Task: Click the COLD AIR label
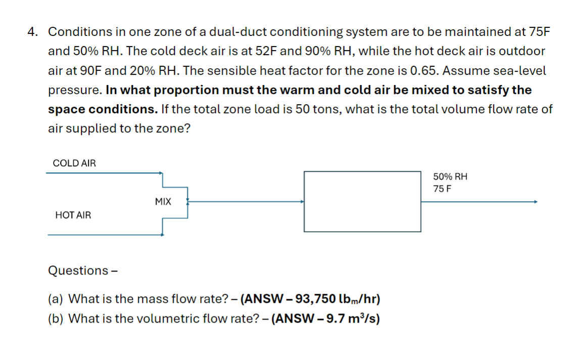tap(74, 163)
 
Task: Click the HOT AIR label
tap(73, 215)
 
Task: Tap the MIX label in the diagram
tap(163, 202)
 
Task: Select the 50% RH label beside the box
tap(450, 177)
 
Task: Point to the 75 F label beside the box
tap(442, 189)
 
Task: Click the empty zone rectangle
tap(362, 201)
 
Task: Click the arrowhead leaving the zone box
tap(535, 201)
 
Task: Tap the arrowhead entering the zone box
tap(302, 201)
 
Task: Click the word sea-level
tap(522, 71)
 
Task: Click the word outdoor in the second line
tap(524, 51)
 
